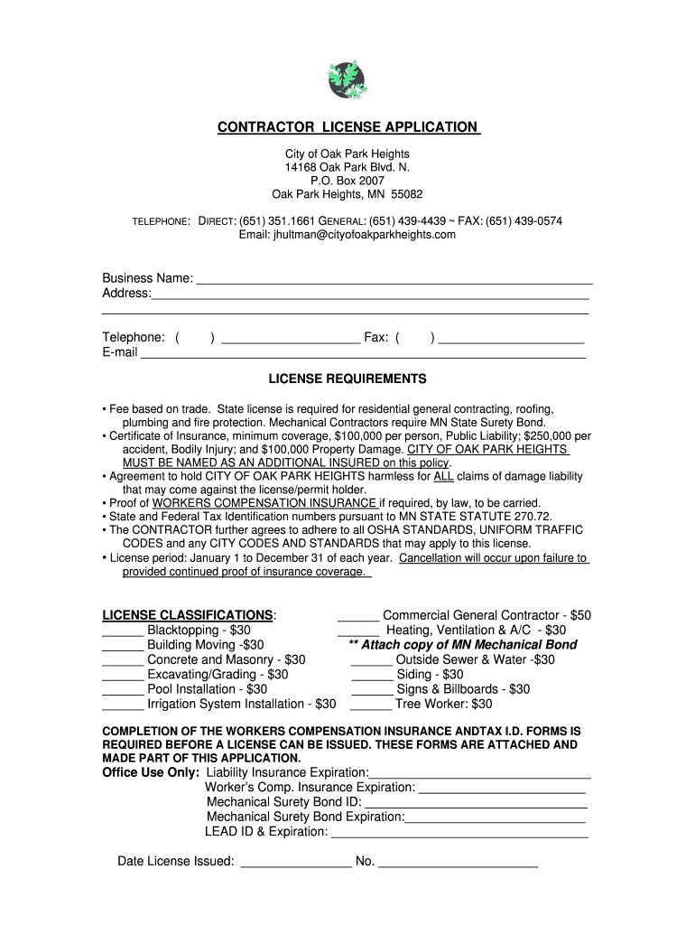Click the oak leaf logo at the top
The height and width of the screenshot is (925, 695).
tap(347, 79)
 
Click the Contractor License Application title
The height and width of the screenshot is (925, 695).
tap(348, 127)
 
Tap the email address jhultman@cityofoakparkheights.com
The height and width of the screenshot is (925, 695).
tap(347, 235)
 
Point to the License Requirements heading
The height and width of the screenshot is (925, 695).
tap(347, 378)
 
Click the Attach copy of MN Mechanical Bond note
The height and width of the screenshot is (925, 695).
tap(462, 645)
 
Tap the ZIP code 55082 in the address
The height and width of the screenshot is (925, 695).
tap(406, 194)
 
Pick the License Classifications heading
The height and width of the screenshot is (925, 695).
tap(189, 615)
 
